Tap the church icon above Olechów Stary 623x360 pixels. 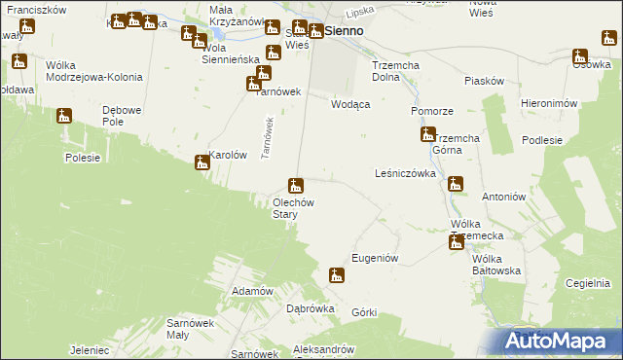[x=295, y=185]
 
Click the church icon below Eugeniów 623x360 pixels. [x=336, y=275]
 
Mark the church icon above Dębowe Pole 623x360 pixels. [x=65, y=117]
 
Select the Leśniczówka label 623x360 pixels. [x=404, y=173]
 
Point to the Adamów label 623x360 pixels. [x=251, y=291]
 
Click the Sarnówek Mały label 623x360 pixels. [x=190, y=328]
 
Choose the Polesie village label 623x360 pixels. [x=84, y=158]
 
